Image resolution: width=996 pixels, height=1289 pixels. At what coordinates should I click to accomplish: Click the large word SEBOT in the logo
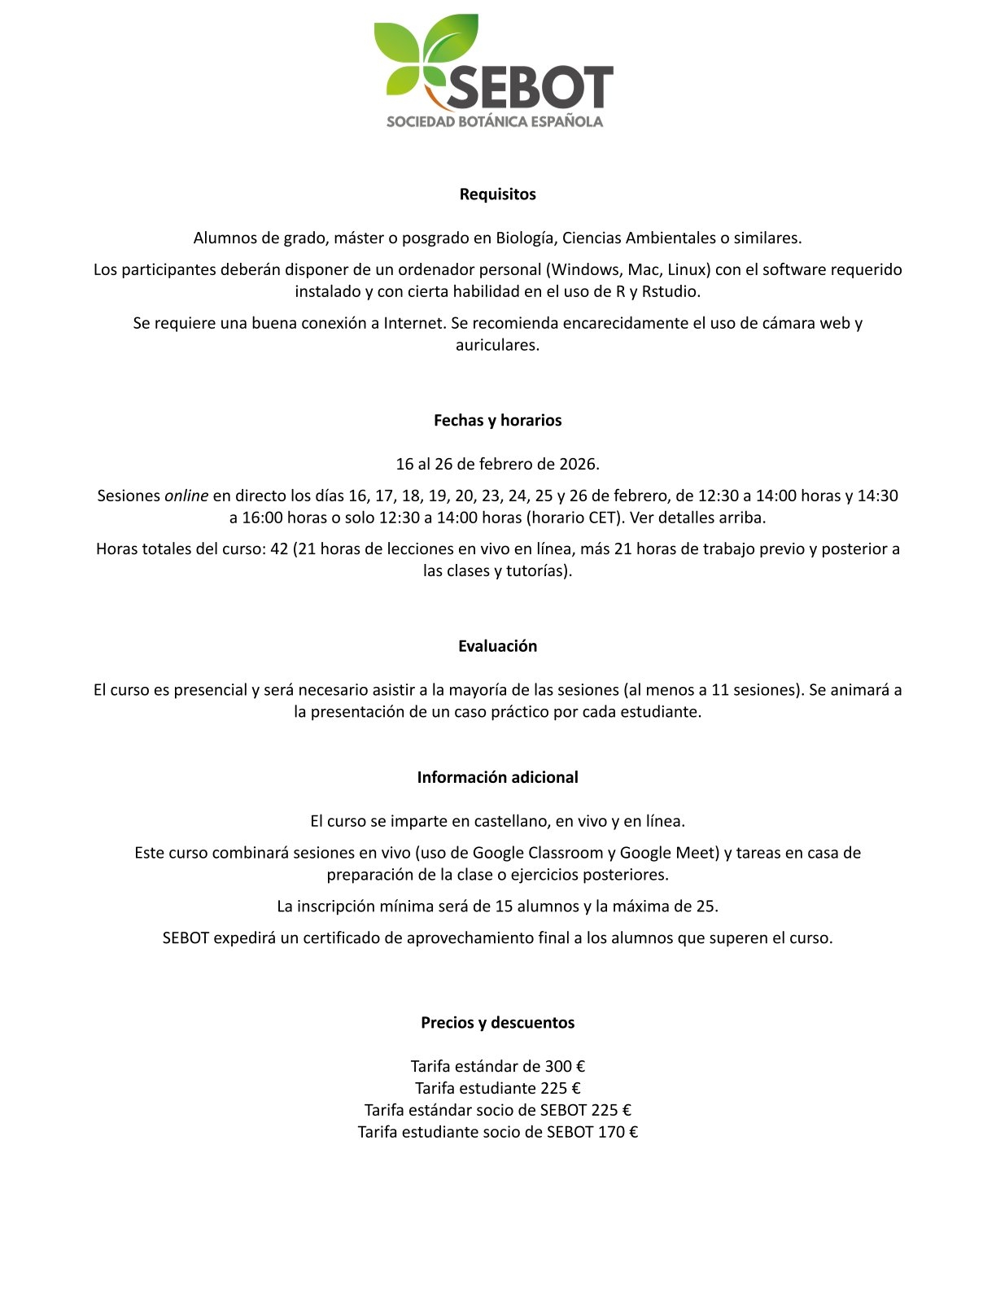[x=529, y=88]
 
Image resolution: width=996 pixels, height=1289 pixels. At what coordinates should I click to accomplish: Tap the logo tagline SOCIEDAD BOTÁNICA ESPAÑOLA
[x=495, y=122]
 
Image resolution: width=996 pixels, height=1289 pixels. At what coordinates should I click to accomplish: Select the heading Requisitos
[x=497, y=194]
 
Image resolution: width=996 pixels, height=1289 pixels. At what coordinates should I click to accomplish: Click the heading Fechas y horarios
[x=497, y=420]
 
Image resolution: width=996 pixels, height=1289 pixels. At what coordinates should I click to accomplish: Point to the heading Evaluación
[x=497, y=646]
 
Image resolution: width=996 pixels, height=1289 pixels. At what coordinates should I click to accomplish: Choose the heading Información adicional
[x=497, y=777]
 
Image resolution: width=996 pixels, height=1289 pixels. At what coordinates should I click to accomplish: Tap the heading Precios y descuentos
[x=497, y=1022]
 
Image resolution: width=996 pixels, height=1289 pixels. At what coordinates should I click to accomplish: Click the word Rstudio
[x=671, y=291]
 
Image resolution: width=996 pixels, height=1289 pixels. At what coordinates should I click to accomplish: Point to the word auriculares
[x=496, y=345]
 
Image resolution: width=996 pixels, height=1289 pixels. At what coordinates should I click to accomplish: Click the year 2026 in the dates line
[x=578, y=465]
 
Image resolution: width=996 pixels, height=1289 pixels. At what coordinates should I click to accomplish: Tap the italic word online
[x=186, y=496]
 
